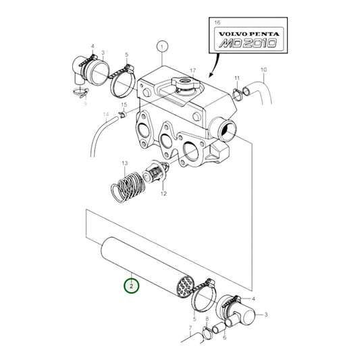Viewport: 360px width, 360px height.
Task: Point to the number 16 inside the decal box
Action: pyautogui.click(x=217, y=23)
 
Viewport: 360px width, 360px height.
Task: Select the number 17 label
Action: pyautogui.click(x=192, y=71)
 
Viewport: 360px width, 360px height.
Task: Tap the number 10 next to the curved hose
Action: pyautogui.click(x=263, y=70)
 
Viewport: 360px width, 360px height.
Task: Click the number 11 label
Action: pyautogui.click(x=236, y=78)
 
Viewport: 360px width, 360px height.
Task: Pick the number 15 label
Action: pyautogui.click(x=124, y=105)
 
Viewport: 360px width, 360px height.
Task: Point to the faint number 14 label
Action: pyautogui.click(x=106, y=115)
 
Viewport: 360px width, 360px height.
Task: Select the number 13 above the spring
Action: pyautogui.click(x=124, y=164)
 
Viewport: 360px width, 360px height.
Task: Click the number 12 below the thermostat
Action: pyautogui.click(x=163, y=195)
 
